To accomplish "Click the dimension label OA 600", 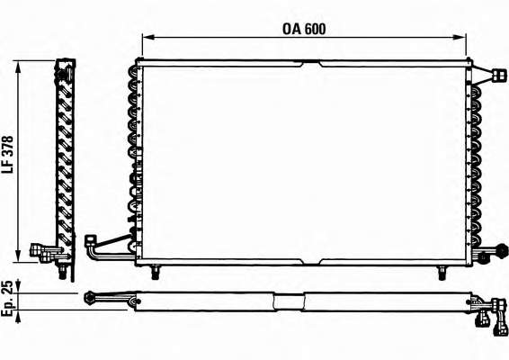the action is point(304,29).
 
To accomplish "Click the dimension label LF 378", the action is point(8,155).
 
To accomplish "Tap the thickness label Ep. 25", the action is point(8,298).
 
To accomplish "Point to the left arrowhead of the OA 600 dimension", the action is point(147,38).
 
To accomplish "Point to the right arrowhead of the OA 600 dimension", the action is point(460,38).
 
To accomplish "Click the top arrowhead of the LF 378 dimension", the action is point(18,66).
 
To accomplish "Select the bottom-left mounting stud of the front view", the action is point(156,273).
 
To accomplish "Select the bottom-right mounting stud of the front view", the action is point(442,273).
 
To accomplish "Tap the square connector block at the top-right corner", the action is point(499,75).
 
